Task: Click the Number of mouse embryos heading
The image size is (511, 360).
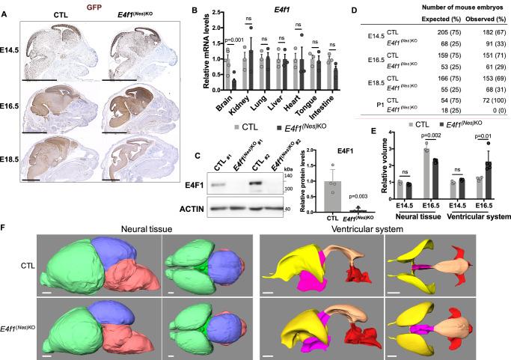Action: pos(454,9)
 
